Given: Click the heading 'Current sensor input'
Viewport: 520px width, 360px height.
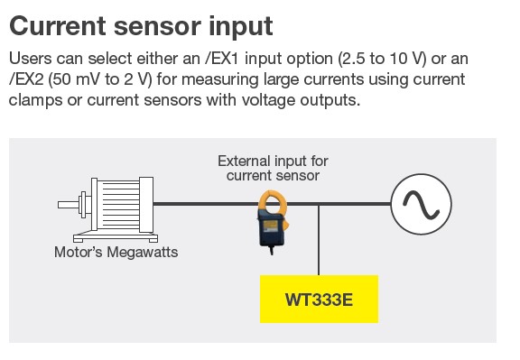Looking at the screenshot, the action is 141,26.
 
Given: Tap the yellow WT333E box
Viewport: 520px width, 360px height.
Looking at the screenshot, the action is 319,299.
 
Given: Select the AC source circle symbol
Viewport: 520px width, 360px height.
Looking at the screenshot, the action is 422,204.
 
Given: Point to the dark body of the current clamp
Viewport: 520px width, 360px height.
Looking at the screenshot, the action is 271,229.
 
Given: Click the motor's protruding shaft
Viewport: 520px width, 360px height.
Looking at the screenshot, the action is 68,205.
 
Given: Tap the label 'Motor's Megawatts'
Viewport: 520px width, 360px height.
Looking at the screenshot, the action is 116,252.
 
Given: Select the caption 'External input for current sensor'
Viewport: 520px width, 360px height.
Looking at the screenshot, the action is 273,169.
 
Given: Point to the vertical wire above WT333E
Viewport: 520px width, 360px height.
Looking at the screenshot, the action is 319,240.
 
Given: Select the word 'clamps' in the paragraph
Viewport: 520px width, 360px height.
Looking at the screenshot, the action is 35,100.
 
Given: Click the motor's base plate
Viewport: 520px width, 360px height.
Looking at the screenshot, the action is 116,238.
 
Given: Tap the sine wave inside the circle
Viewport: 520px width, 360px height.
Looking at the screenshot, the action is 422,205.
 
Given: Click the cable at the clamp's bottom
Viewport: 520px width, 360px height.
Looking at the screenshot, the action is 272,250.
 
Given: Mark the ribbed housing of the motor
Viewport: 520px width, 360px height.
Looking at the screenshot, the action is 119,205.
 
